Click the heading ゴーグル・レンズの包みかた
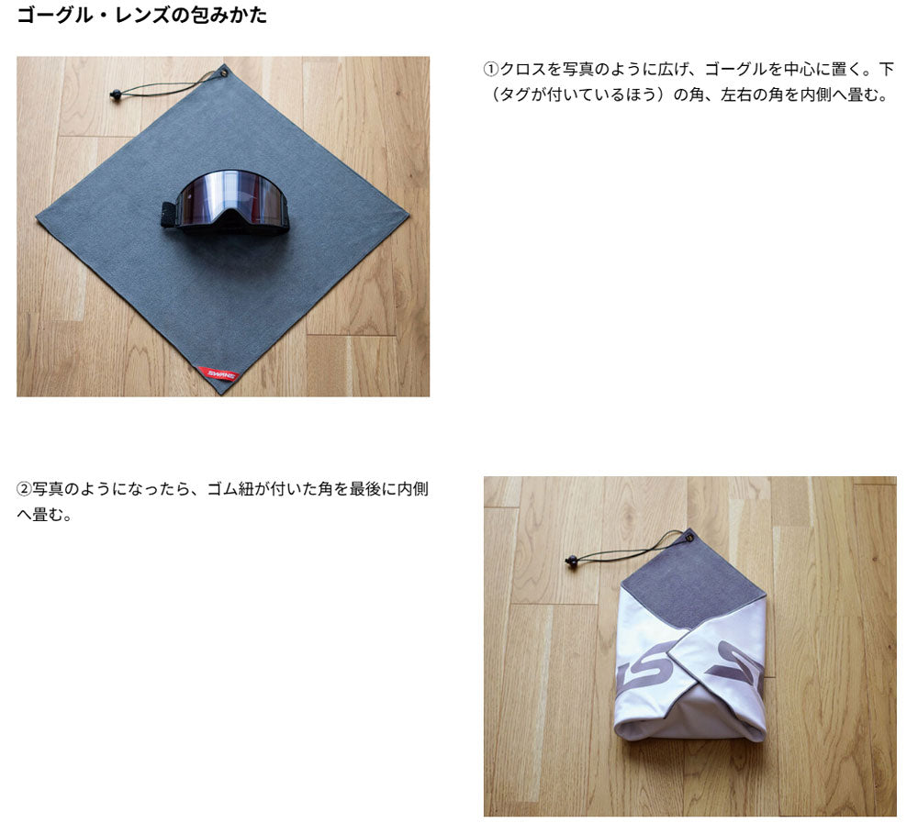(x=142, y=16)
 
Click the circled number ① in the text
(x=490, y=71)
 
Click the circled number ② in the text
(x=24, y=489)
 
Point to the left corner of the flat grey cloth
(x=39, y=218)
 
